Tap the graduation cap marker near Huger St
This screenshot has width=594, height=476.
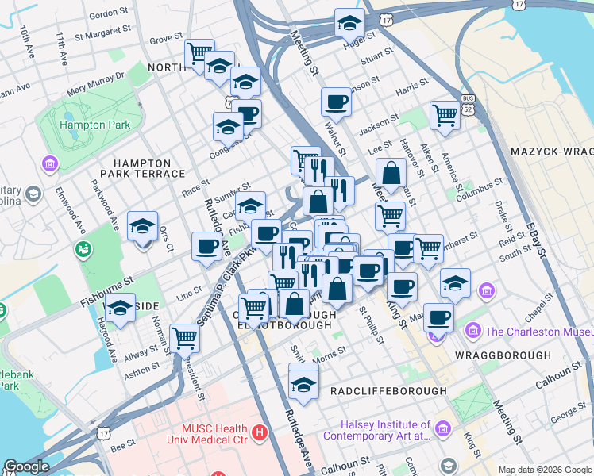click(349, 24)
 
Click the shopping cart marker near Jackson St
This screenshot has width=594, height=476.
click(445, 115)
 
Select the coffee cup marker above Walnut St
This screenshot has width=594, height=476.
click(337, 102)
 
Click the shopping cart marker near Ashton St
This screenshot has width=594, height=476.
click(184, 338)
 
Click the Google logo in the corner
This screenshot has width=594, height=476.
click(26, 466)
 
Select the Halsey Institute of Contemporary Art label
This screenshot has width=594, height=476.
click(385, 430)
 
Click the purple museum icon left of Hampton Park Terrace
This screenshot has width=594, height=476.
click(49, 164)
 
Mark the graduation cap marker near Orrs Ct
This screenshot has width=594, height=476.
click(142, 227)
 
